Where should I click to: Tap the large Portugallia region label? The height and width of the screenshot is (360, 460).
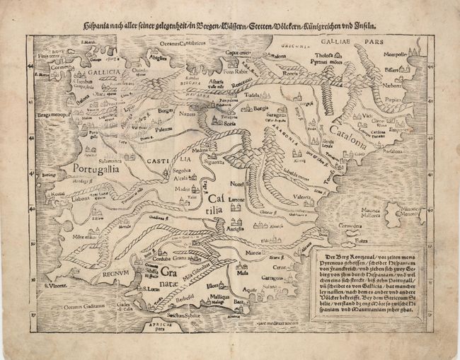96,170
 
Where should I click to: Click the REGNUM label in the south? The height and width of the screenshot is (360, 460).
117,271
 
